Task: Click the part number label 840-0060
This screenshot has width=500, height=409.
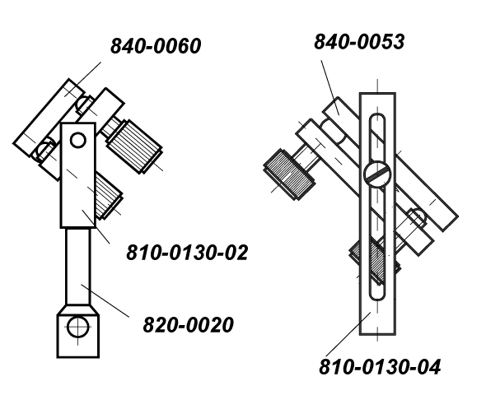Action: click(x=156, y=46)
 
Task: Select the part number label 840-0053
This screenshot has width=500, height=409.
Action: click(x=359, y=42)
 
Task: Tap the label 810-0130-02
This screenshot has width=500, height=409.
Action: click(x=187, y=253)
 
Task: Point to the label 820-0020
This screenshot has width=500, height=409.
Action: click(x=188, y=325)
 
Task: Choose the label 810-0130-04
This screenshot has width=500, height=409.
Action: click(x=380, y=367)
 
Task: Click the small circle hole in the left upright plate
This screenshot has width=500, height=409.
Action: click(x=77, y=140)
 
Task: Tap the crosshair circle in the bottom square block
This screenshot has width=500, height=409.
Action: click(x=77, y=327)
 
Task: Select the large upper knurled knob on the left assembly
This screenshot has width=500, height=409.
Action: click(x=134, y=146)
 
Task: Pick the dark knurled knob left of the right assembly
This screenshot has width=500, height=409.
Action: click(x=288, y=174)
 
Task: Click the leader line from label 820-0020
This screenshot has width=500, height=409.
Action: click(x=105, y=300)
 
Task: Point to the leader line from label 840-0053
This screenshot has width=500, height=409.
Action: click(x=329, y=87)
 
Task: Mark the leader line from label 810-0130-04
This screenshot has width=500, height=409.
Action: click(x=348, y=334)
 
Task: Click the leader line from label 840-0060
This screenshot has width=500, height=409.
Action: click(x=83, y=79)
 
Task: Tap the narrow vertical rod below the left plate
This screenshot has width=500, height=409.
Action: click(x=77, y=267)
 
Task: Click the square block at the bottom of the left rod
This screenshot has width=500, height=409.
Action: click(x=77, y=332)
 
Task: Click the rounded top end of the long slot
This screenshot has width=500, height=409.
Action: click(x=377, y=117)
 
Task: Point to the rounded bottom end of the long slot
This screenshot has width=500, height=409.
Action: click(x=377, y=296)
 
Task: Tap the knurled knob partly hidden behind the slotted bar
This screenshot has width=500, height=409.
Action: click(x=375, y=259)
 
